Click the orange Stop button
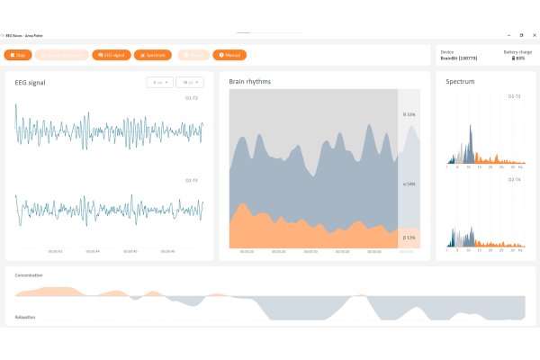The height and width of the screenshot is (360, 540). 18,55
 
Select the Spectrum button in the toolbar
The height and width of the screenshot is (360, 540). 153,55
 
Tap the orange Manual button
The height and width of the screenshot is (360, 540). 229,55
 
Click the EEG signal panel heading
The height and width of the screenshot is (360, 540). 31,83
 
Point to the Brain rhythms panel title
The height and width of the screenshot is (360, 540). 250,82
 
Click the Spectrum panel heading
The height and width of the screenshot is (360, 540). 461,82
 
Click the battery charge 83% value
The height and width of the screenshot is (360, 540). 518,58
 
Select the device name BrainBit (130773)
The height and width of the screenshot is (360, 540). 459,58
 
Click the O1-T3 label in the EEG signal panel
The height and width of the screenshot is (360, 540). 192,97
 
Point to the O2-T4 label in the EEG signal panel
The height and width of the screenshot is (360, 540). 192,180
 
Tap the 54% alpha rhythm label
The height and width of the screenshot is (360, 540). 409,184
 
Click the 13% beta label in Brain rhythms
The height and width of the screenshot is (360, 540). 409,238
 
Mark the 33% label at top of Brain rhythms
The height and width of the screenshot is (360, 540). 409,115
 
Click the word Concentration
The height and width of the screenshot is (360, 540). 29,274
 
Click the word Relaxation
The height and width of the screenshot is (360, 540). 25,317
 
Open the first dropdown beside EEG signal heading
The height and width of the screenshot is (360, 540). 159,83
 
